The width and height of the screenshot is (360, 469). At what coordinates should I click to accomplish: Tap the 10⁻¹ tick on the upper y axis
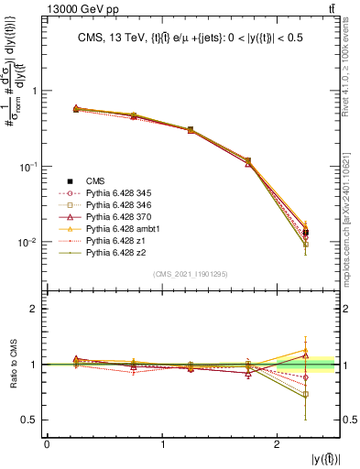tap(30, 167)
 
